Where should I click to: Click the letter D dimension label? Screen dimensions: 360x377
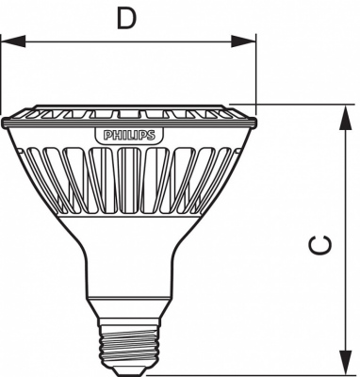[126, 19]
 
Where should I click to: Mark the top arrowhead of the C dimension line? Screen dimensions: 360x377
[339, 111]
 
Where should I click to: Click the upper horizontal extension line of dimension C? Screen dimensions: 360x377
[292, 104]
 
